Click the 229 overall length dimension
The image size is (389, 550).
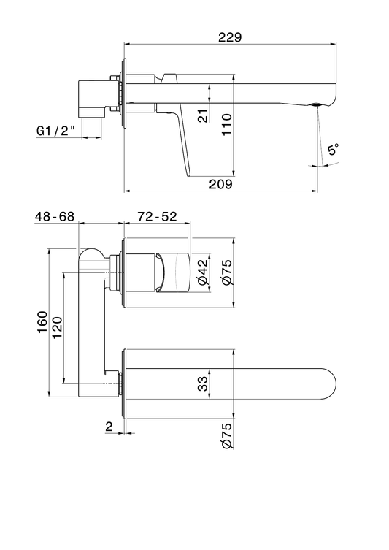[x=230, y=37]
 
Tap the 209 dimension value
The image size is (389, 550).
[x=221, y=184]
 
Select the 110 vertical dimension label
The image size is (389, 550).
[x=227, y=124]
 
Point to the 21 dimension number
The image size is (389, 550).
[x=204, y=115]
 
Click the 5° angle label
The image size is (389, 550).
[x=334, y=150]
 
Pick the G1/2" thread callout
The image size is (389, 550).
[x=56, y=131]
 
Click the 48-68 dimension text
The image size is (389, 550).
[x=55, y=216]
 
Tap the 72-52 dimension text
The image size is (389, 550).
[x=157, y=216]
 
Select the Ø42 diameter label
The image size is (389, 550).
[x=204, y=272]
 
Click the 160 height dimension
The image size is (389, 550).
[x=42, y=322]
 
